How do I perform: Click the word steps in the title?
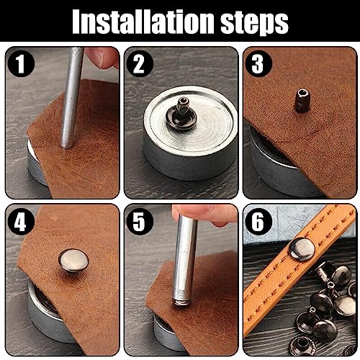[x=254, y=23]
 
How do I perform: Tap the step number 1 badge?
[x=21, y=63]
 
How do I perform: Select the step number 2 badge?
[x=140, y=63]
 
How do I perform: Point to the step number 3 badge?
[x=258, y=63]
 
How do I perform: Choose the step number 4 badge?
[x=21, y=222]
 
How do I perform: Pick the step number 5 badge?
[x=140, y=222]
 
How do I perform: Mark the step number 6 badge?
[x=258, y=222]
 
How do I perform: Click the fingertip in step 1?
[x=103, y=57]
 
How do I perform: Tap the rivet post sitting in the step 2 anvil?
[x=179, y=113]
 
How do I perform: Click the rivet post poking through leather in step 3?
[x=302, y=100]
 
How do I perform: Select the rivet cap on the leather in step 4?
[x=73, y=261]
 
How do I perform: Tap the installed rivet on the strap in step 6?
[x=302, y=249]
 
